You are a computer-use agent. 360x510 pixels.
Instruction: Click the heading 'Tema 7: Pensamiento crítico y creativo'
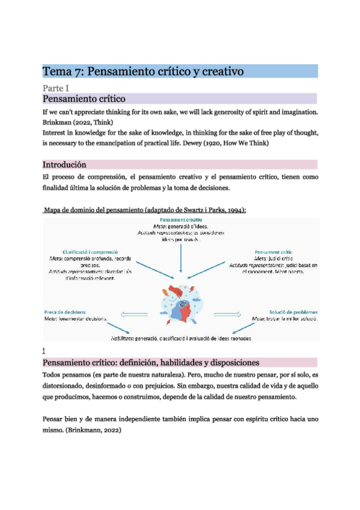pyautogui.click(x=142, y=72)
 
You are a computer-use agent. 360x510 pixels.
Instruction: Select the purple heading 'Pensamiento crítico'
pyautogui.click(x=83, y=99)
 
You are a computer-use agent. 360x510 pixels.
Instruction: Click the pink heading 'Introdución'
pyautogui.click(x=64, y=165)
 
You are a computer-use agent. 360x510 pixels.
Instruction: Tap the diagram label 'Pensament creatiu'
pyautogui.click(x=180, y=220)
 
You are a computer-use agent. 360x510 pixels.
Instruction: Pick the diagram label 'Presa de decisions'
pyautogui.click(x=65, y=312)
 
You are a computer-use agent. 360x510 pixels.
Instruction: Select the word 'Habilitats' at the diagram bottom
pyautogui.click(x=113, y=339)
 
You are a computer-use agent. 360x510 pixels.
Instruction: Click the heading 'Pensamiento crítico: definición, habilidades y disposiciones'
pyautogui.click(x=150, y=362)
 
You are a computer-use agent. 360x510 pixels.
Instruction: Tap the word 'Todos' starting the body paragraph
pyautogui.click(x=53, y=375)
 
